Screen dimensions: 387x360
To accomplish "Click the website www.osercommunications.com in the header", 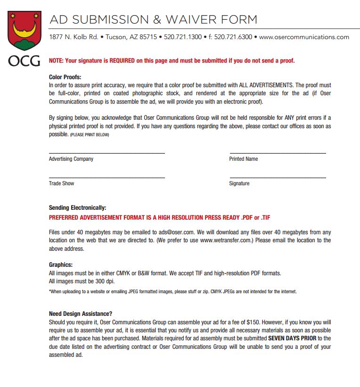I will (304, 37).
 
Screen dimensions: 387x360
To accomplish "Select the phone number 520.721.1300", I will (183, 37).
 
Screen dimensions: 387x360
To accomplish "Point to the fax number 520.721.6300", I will (233, 37).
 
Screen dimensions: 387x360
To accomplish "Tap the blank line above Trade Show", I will (107, 177).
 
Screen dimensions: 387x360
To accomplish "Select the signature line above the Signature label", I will (278, 177).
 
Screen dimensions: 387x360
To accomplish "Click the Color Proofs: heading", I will (65, 77).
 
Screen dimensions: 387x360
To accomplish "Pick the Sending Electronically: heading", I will (77, 207).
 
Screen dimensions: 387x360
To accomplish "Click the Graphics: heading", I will (61, 265).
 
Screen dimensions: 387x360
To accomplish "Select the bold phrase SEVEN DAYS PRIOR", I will (292, 338).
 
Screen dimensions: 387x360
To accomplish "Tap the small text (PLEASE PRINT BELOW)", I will (90, 135).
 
